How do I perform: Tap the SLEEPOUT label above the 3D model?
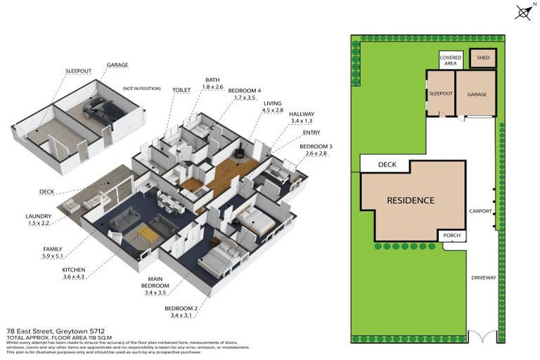click(78, 72)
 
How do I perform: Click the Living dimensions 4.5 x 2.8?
click(272, 110)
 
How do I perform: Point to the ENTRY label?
click(311, 132)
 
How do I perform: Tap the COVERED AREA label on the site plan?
click(450, 60)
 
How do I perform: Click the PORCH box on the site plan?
click(450, 237)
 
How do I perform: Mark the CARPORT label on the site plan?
click(480, 210)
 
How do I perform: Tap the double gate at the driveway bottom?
click(482, 337)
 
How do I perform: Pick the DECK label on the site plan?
click(387, 165)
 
